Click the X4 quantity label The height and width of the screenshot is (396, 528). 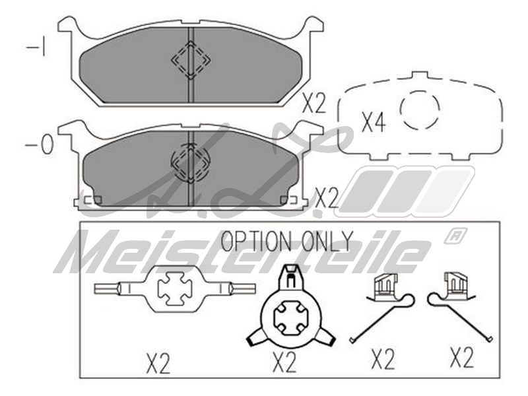click(x=373, y=122)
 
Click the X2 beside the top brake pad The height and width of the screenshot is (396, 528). click(x=314, y=104)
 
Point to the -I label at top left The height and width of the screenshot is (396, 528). click(x=36, y=48)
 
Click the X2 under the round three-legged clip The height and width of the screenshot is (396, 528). click(x=285, y=362)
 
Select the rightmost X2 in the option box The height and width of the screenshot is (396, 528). click(x=462, y=358)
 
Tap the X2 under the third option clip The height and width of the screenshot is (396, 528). click(x=383, y=360)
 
